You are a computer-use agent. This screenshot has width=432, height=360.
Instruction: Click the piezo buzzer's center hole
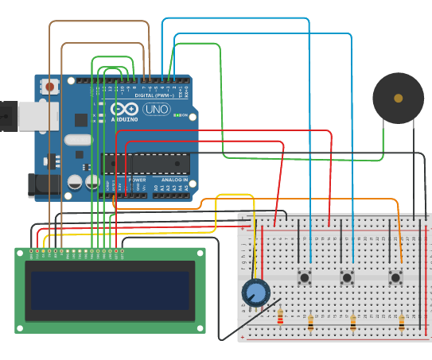tap(398, 98)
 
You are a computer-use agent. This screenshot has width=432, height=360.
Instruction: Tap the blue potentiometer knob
tap(256, 293)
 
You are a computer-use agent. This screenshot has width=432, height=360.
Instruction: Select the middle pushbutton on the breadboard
tap(347, 277)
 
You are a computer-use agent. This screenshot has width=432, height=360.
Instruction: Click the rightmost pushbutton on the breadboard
tap(395, 277)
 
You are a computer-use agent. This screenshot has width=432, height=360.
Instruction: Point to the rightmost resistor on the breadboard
tap(402, 322)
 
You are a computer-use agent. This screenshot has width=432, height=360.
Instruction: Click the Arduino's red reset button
tap(50, 86)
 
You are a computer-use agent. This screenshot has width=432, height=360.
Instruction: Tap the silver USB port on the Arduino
tap(18, 116)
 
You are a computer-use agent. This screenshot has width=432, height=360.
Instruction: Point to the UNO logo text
tap(156, 110)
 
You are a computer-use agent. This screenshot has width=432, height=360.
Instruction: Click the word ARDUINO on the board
tap(124, 119)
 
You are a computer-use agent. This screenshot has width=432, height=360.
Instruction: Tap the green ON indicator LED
tap(174, 115)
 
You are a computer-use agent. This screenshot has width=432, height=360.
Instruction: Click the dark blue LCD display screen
tap(110, 291)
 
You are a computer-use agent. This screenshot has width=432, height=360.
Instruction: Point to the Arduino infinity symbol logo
tap(124, 109)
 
